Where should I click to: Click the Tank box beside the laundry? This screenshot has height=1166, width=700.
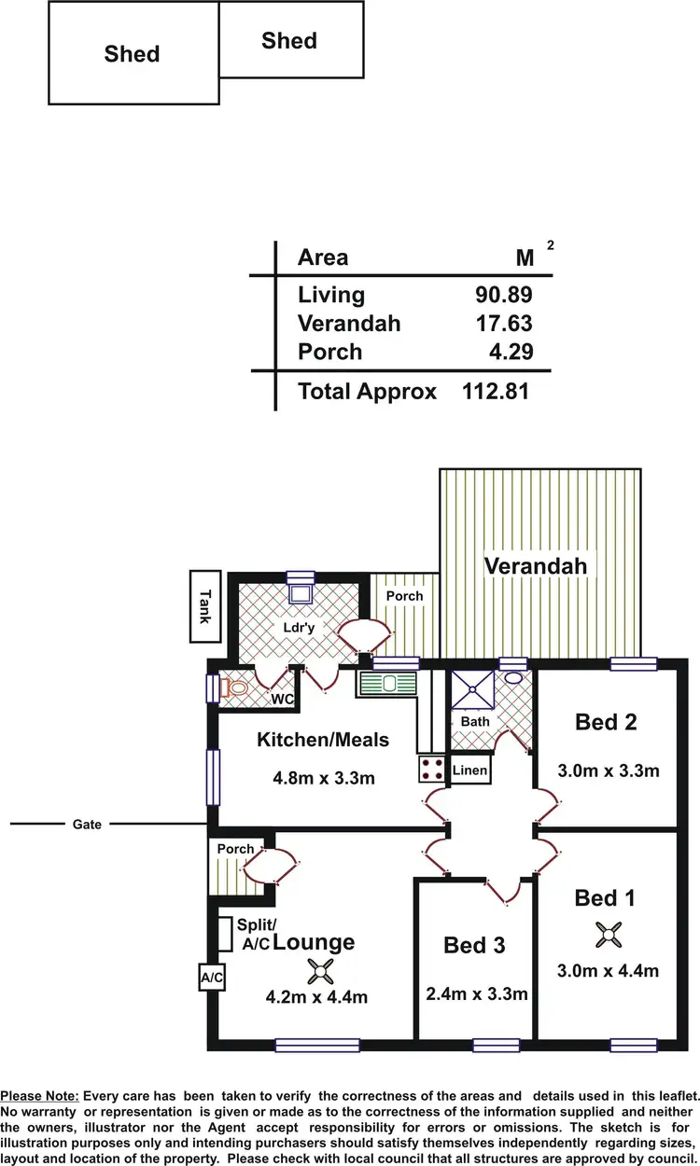(x=204, y=606)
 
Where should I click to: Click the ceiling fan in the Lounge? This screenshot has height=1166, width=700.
(x=321, y=971)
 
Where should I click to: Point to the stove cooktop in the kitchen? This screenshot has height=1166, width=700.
(x=431, y=769)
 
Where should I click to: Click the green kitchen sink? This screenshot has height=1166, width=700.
(x=384, y=684)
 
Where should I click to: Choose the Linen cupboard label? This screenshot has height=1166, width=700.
(x=469, y=770)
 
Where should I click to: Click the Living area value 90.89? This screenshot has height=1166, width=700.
(x=502, y=295)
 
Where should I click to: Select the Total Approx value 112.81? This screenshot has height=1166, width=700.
(x=496, y=391)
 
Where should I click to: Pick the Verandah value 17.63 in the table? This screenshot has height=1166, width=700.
(x=502, y=324)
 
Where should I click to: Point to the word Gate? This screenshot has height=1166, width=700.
(x=86, y=825)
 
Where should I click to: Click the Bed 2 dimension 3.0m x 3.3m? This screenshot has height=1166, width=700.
(x=608, y=770)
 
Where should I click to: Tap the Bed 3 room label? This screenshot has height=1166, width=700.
(x=474, y=945)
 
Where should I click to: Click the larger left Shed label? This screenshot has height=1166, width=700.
(x=132, y=54)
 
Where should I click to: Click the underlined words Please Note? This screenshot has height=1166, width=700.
(x=40, y=1095)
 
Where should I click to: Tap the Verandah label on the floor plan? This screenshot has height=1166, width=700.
(x=535, y=565)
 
